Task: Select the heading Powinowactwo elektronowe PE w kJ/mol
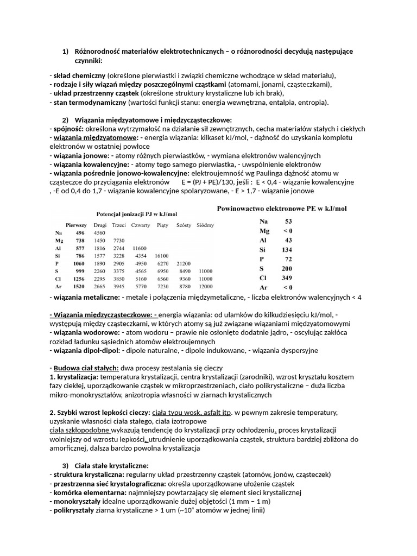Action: [282, 208]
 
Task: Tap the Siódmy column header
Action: [205, 224]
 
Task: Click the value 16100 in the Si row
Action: [162, 256]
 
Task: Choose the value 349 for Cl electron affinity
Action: [287, 278]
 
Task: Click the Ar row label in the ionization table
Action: [58, 286]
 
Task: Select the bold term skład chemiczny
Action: [79, 75]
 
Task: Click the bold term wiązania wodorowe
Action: [83, 332]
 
